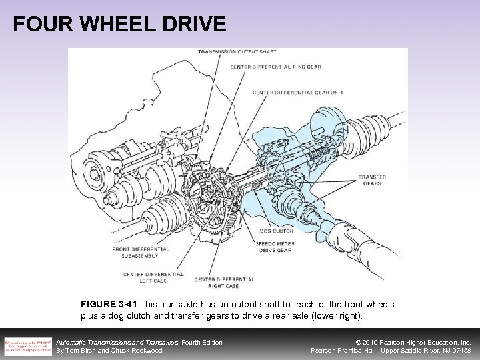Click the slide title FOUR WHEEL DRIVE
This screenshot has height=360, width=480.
click(x=119, y=24)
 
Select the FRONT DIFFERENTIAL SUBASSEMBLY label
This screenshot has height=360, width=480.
click(x=141, y=253)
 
